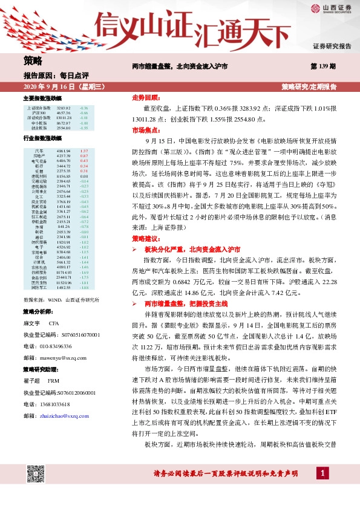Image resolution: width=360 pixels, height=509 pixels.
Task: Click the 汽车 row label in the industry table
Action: point(39,151)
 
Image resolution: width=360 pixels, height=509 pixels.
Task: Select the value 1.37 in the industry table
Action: point(84,151)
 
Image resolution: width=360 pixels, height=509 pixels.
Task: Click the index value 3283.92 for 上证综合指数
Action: point(64,107)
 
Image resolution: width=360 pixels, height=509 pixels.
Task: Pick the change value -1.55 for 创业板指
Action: point(84,128)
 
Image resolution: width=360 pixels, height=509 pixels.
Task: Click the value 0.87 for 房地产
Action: point(84,156)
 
